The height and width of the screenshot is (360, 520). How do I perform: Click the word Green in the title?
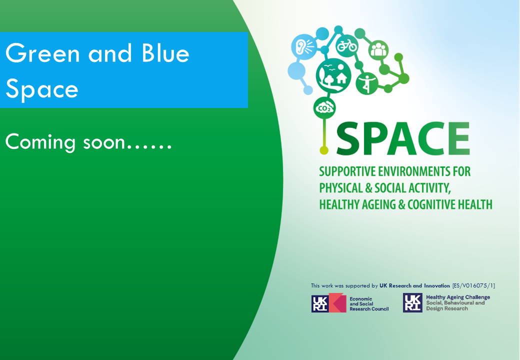click(43, 53)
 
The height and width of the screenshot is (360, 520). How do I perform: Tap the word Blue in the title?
click(165, 53)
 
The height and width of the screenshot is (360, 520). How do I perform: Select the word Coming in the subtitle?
click(40, 143)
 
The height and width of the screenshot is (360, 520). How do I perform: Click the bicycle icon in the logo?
click(347, 45)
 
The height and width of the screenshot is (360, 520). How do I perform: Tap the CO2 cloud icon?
click(324, 108)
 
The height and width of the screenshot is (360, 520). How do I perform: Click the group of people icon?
click(378, 50)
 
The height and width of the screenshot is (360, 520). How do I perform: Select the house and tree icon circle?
click(333, 75)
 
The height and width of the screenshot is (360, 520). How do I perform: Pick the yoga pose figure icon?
click(367, 83)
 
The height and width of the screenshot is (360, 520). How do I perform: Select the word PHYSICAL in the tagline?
click(341, 188)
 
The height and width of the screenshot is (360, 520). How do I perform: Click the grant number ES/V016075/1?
click(473, 285)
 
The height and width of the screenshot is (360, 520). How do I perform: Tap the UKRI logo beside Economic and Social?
click(328, 302)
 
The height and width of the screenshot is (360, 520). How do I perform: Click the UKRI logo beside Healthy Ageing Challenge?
click(412, 302)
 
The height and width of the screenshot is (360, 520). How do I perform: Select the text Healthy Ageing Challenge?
click(458, 297)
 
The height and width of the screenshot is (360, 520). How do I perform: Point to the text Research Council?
click(369, 309)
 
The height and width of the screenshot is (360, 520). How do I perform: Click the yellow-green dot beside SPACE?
click(324, 150)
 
